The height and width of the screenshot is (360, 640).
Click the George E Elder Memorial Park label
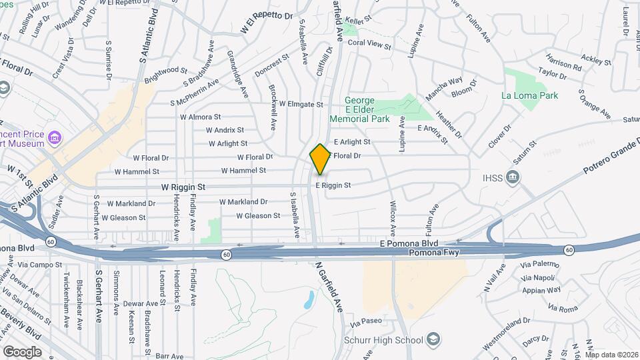point(359,109)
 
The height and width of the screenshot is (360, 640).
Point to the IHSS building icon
point(513,177)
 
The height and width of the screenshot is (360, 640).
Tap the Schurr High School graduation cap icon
point(433,339)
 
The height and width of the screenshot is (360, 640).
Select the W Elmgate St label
point(301,104)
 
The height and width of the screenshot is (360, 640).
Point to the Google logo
point(21,351)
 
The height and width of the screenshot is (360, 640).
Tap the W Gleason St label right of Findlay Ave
point(259,216)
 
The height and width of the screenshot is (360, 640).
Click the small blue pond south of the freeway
point(309,300)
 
